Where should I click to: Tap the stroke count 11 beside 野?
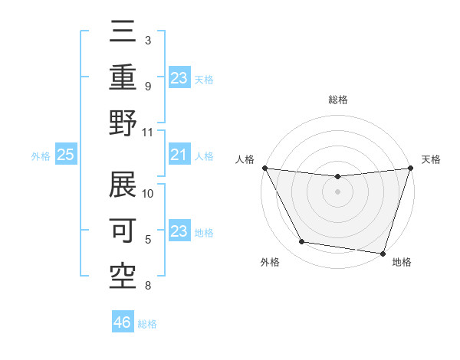[x=148, y=132]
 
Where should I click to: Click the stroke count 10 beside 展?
[x=148, y=193]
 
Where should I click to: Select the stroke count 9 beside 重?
[x=147, y=86]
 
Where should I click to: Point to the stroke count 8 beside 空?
[x=147, y=286]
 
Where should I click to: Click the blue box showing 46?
[x=123, y=322]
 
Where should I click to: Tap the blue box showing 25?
[x=66, y=155]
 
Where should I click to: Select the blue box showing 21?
[x=179, y=155]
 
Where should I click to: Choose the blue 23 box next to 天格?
[x=179, y=77]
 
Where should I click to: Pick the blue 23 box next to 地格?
[x=179, y=232]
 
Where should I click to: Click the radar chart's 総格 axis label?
[x=337, y=100]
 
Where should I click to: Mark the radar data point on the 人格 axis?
[x=264, y=168]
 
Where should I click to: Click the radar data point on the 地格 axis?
[x=383, y=253]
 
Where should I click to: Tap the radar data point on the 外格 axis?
[x=301, y=242]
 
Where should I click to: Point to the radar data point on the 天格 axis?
[x=410, y=168]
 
